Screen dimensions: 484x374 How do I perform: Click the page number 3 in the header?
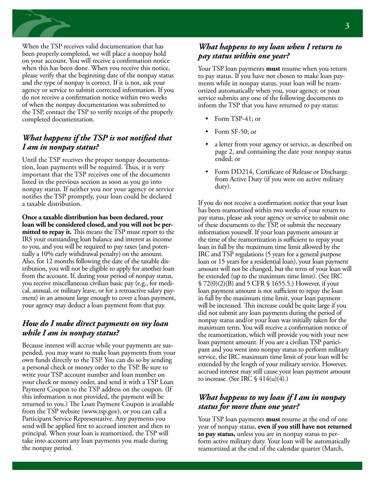(347, 26)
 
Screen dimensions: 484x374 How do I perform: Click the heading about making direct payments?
(95, 328)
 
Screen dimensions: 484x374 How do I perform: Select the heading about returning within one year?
(270, 51)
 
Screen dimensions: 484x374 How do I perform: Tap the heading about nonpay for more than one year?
(272, 401)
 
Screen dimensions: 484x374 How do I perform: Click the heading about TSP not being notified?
(97, 142)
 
